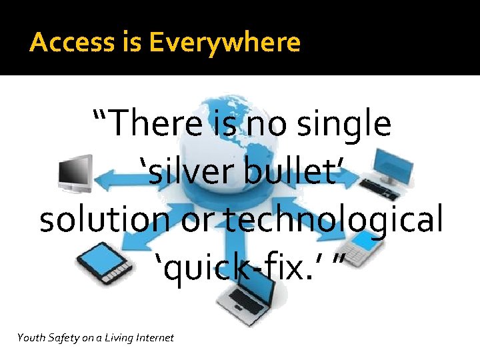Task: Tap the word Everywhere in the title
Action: point(225,43)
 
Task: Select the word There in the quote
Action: point(161,124)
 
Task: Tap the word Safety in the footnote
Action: point(64,338)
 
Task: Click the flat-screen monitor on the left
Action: point(74,173)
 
